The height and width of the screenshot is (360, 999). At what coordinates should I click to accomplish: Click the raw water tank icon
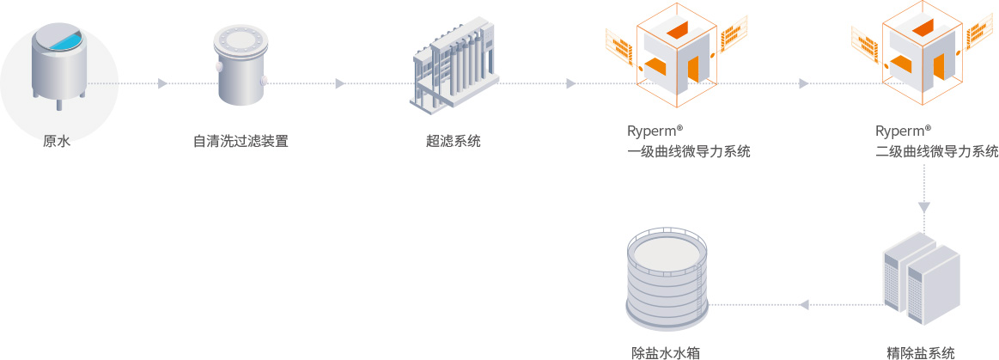pos(58,65)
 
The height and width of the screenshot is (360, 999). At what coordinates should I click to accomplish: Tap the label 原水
pos(57,141)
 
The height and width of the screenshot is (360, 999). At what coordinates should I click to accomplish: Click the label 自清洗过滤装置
pos(241,141)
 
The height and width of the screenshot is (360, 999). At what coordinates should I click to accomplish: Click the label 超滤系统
pos(454,141)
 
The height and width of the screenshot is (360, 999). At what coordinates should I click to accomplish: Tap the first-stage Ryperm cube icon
pos(676,55)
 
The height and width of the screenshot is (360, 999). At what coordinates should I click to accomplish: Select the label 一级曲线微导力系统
pos(689,152)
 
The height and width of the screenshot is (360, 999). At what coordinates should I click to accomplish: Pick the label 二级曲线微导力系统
pos(937,152)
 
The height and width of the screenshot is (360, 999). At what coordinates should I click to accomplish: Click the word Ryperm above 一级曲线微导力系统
pos(651,131)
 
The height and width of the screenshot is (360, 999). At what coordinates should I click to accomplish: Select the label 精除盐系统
pos(921,352)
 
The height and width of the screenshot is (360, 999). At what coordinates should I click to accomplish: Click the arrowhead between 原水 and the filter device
pos(162,83)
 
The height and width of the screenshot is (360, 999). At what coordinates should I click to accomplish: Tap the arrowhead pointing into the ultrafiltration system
pos(340,83)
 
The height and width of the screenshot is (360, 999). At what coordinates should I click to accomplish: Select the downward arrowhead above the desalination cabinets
pos(924,207)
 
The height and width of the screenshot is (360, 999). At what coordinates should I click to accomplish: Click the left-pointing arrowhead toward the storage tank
pos(804,304)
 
